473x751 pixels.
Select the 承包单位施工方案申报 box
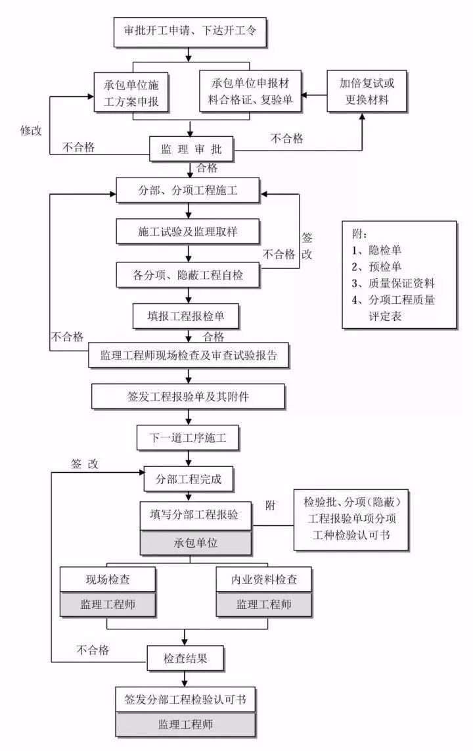click(132, 93)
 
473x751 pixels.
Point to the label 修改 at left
click(30, 130)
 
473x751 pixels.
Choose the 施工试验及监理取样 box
click(189, 231)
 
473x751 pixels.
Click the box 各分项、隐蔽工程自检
click(189, 275)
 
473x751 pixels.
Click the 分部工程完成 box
click(189, 479)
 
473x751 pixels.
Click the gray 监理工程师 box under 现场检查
click(108, 604)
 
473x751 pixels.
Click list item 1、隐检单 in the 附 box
click(376, 250)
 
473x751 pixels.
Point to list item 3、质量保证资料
click(393, 283)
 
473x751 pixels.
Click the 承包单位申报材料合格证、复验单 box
click(255, 93)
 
